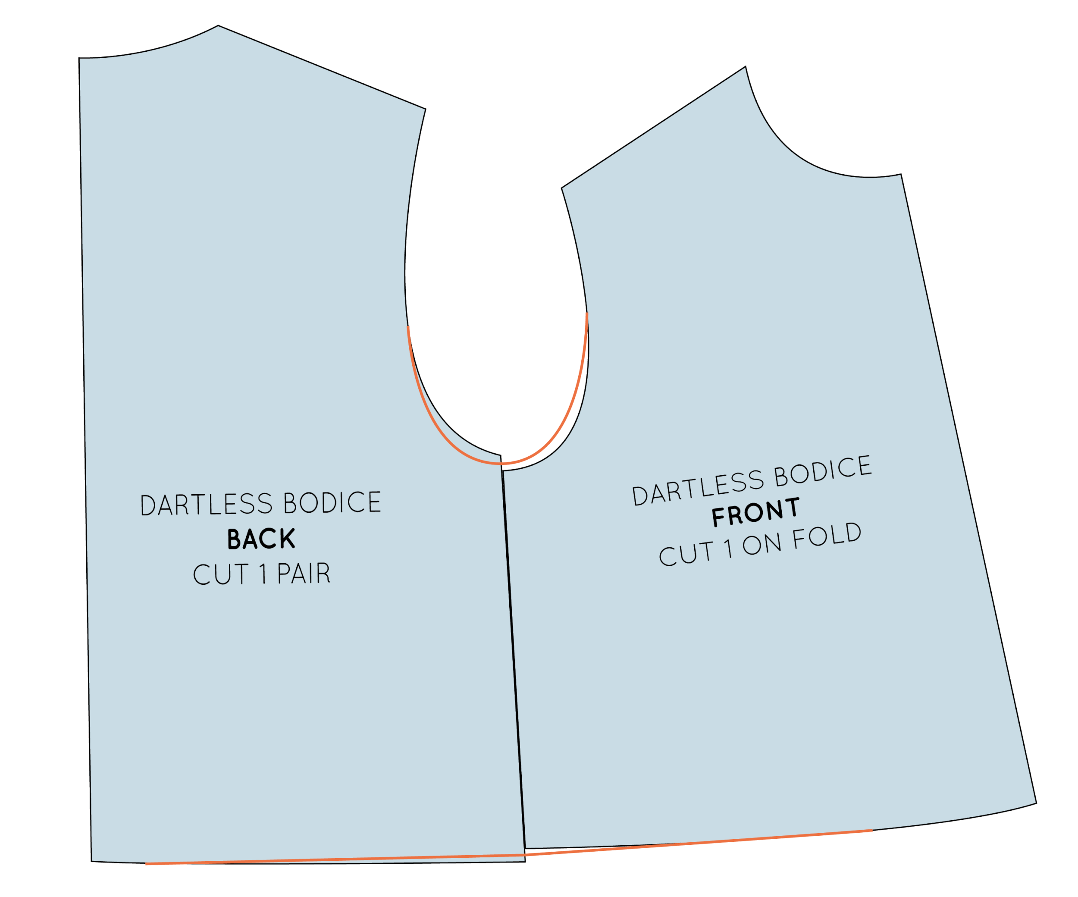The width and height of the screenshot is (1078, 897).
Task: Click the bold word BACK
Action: click(261, 539)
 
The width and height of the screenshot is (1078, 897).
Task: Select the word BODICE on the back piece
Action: click(332, 502)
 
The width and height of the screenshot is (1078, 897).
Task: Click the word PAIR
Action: click(304, 573)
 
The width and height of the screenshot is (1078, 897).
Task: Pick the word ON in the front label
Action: click(762, 544)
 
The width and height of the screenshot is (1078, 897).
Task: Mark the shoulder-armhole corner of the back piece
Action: click(426, 109)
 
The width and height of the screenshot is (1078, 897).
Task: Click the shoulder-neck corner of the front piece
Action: click(746, 67)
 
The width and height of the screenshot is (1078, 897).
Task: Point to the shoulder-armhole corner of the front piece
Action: click(561, 188)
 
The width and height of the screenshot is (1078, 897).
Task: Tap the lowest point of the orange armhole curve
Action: click(501, 464)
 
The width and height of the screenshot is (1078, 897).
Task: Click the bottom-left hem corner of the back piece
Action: click(91, 861)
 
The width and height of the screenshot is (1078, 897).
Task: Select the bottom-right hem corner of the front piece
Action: click(1037, 803)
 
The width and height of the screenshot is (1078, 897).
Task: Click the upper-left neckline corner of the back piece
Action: click(79, 58)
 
